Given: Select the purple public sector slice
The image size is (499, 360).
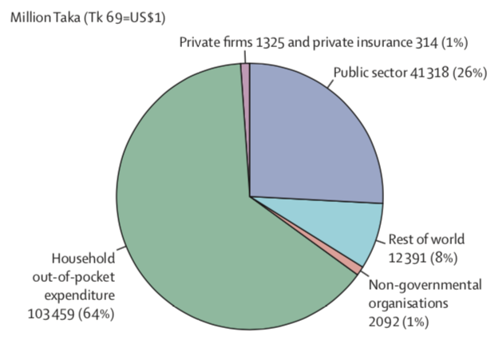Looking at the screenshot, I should point(311,136).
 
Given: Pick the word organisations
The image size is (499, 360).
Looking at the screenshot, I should point(402,303).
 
